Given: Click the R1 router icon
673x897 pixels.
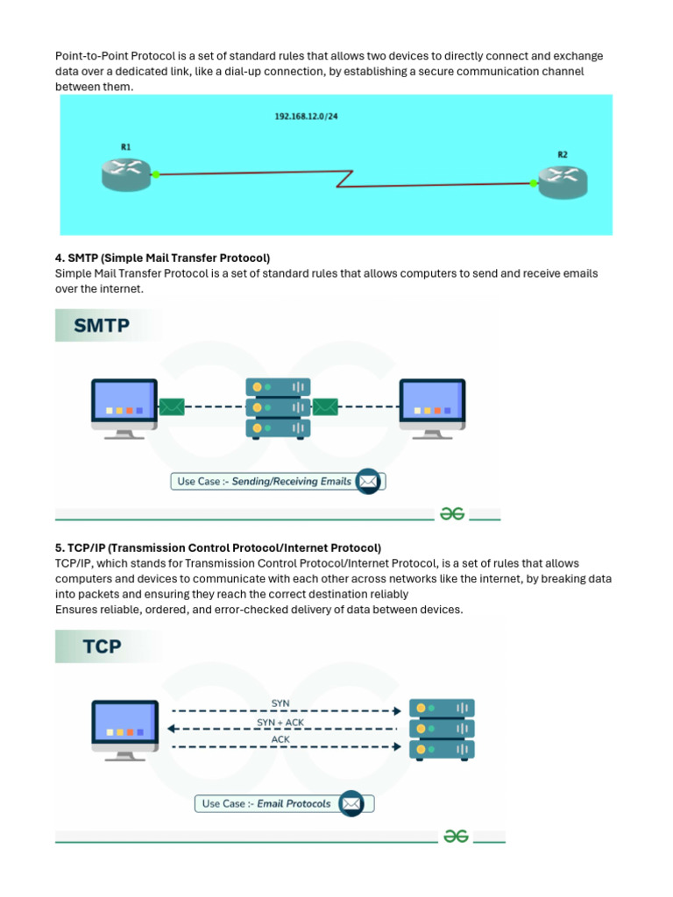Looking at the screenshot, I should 126,173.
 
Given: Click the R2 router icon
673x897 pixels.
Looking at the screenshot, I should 563,180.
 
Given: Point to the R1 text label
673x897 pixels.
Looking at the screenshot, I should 126,147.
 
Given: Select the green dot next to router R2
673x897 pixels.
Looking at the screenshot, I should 534,183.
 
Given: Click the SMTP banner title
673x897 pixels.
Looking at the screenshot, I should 102,327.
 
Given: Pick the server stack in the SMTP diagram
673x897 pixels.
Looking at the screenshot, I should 278,407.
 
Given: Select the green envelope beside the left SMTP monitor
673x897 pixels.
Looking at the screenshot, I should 172,406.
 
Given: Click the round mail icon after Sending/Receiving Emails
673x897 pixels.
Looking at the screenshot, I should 368,481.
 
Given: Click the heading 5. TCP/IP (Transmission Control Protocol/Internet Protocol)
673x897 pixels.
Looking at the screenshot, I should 218,548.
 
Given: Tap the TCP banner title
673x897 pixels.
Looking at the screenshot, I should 102,647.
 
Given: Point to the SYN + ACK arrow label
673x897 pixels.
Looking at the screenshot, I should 280,722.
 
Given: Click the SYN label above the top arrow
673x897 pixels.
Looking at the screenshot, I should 280,703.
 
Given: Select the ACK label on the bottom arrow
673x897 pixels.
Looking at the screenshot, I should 280,739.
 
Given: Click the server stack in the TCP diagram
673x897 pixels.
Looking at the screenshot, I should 442,729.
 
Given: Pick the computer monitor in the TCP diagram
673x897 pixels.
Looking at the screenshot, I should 125,728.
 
